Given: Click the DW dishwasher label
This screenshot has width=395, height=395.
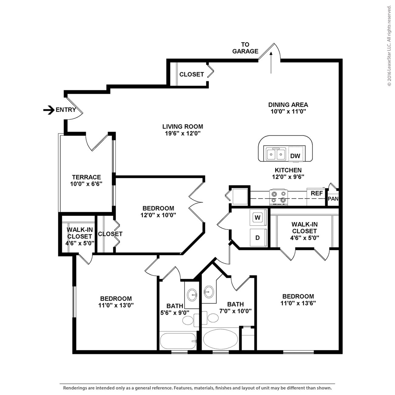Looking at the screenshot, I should [x=295, y=156].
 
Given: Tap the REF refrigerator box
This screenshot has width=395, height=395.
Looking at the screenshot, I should [x=316, y=194].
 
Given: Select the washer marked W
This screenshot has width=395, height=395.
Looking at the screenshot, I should [x=258, y=218].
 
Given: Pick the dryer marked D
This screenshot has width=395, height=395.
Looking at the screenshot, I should [x=258, y=238].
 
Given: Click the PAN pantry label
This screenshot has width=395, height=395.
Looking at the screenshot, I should [x=333, y=199].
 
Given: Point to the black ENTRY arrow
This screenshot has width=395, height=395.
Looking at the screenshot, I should [x=49, y=110].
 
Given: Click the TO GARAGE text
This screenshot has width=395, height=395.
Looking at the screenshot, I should [x=245, y=48].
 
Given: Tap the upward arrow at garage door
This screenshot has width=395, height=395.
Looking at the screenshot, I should [x=271, y=62].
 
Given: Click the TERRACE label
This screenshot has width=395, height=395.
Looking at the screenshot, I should [x=86, y=177].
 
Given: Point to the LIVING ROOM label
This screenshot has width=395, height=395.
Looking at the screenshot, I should [x=182, y=126].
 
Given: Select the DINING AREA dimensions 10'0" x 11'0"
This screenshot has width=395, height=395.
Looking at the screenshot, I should [x=288, y=112].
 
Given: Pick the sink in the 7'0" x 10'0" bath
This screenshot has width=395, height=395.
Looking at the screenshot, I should [x=209, y=292].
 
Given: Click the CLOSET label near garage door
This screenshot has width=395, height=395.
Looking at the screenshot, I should [x=191, y=74].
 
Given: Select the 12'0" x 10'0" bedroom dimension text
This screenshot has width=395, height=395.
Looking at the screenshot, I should [x=158, y=215].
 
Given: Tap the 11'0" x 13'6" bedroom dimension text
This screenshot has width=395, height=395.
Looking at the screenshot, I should [x=298, y=303].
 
